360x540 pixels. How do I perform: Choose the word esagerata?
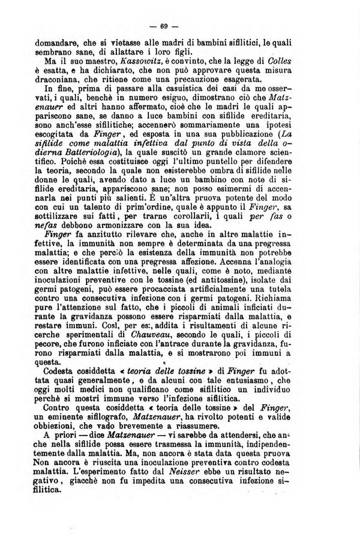pyautogui.click(x=239, y=79)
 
